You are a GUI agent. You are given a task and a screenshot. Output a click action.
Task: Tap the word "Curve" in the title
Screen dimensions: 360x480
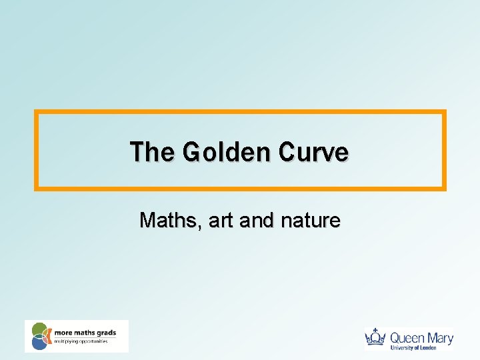coord(313,152)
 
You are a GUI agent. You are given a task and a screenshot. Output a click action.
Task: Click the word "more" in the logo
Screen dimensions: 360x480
coord(62,332)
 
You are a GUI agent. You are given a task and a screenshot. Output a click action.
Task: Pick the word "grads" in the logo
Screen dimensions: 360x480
coord(105,332)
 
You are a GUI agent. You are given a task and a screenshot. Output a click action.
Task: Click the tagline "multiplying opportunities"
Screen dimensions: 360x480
coord(81,341)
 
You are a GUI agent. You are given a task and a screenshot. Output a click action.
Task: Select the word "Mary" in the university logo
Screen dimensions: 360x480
coord(440,337)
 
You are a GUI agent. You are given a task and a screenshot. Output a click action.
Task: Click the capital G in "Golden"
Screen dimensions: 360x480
coord(192,152)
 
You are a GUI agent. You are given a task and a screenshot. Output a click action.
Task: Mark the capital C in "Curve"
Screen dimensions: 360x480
coord(287,152)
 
